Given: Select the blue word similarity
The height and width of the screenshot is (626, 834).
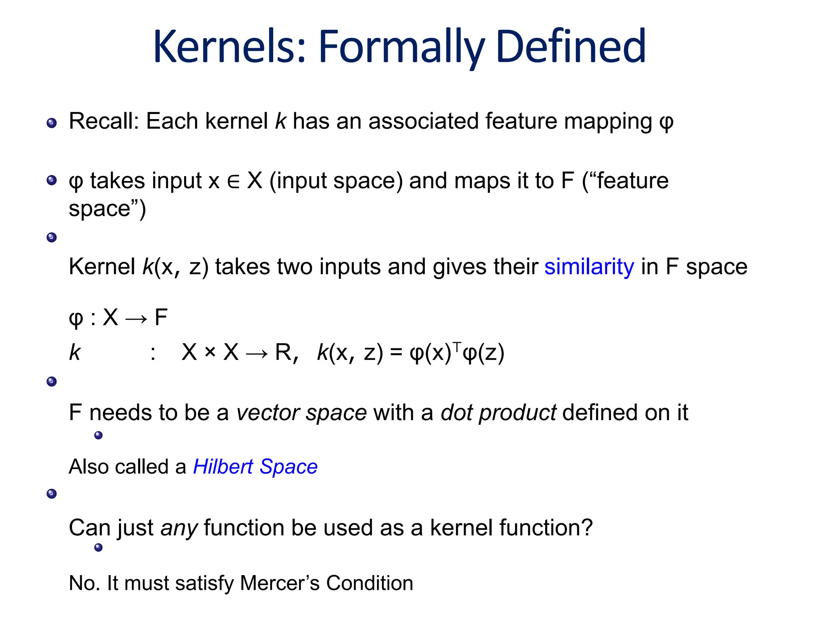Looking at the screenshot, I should (x=589, y=267).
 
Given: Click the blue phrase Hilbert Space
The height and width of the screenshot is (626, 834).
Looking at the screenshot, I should (x=255, y=467).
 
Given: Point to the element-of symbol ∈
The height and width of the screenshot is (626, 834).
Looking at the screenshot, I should (x=233, y=181).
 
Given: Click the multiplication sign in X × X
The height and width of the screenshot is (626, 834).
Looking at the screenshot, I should (x=210, y=352).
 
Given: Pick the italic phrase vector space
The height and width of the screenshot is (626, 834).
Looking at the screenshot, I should (x=301, y=412).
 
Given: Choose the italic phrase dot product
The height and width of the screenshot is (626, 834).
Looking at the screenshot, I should (x=498, y=412).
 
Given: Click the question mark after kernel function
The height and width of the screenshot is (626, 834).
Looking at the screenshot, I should (x=587, y=527).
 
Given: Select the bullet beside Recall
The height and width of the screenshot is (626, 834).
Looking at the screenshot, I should (x=52, y=123).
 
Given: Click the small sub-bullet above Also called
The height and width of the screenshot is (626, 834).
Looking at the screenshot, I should (x=98, y=435).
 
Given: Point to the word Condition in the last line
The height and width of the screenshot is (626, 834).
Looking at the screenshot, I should (x=369, y=583).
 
